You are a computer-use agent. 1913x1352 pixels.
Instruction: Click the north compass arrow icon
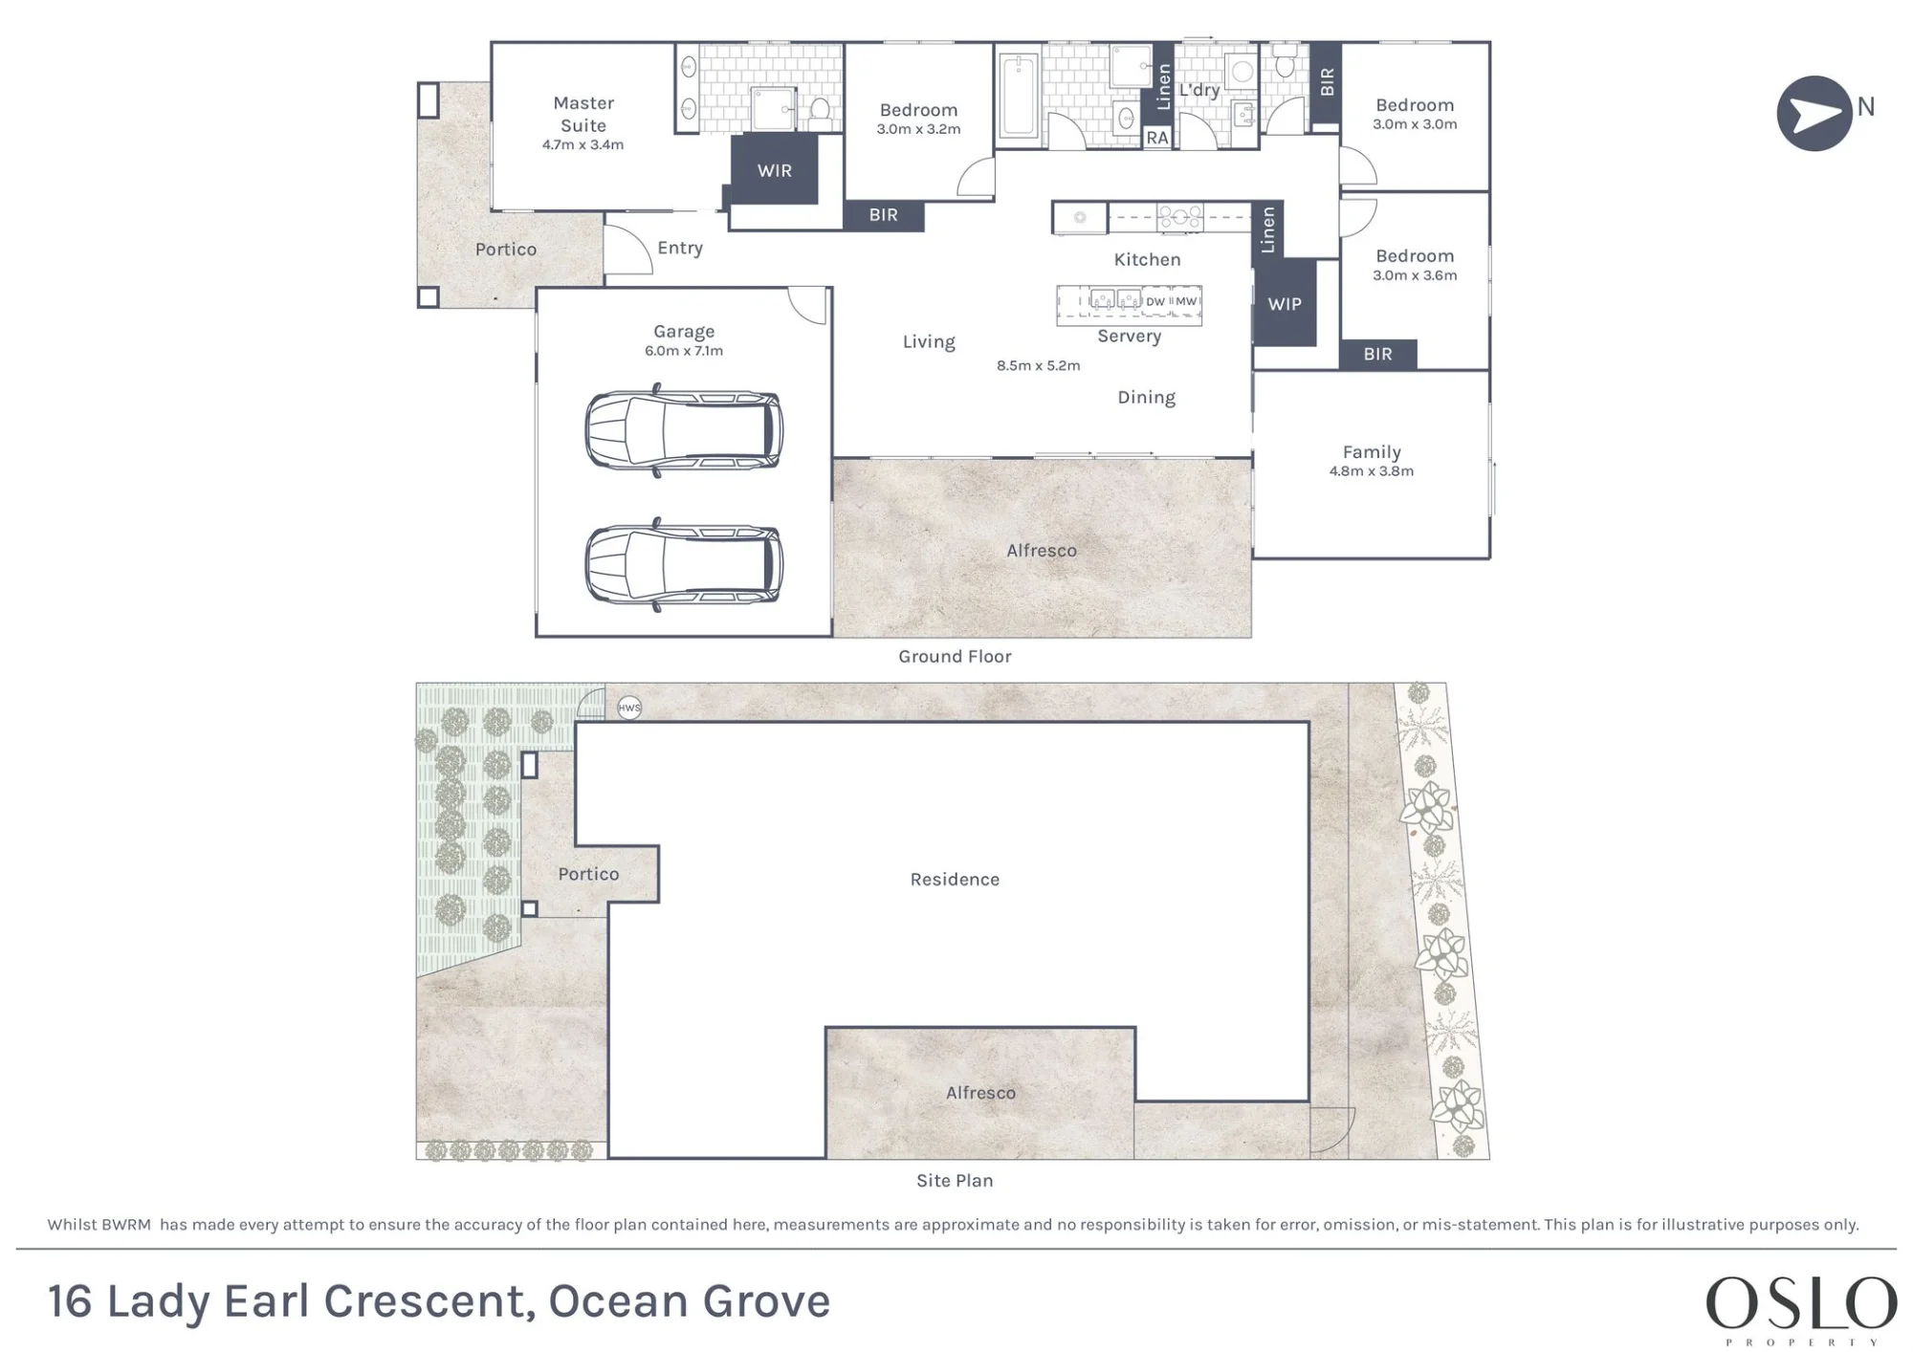tap(1814, 114)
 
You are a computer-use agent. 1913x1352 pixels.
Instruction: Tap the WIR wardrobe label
tap(775, 170)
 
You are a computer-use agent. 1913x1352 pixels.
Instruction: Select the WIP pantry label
tap(1285, 304)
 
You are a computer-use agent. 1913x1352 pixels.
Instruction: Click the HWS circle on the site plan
tap(629, 708)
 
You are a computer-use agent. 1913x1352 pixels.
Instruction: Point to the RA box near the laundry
tap(1157, 138)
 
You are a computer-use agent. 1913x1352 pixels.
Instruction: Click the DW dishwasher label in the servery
tap(1155, 301)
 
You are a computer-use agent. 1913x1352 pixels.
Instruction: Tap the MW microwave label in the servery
tap(1186, 301)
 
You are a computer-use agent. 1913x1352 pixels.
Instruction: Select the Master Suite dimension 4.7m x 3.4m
tap(583, 145)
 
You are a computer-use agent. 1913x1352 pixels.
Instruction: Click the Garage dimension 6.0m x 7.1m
tap(684, 351)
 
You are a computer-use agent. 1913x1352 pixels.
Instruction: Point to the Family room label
tap(1372, 452)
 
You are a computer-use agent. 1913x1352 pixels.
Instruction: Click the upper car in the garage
tap(684, 430)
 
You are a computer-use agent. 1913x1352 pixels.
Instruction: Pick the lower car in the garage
tap(684, 564)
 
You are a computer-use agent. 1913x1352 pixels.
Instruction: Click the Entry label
tap(680, 248)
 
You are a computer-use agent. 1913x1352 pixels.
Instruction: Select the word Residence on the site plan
tap(955, 880)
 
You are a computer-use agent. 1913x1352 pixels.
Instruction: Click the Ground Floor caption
tap(955, 656)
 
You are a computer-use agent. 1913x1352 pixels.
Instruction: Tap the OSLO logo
tap(1801, 1309)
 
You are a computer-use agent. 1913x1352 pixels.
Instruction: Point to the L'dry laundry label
tap(1199, 90)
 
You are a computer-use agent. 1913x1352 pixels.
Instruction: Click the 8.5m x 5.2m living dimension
tap(1038, 366)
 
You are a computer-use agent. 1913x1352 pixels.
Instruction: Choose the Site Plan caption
tap(955, 1181)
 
